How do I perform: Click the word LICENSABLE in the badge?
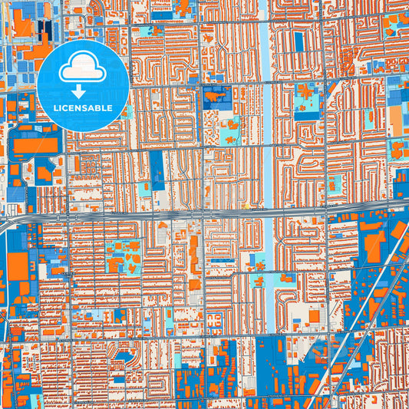click(x=83, y=108)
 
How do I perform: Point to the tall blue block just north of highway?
click(x=157, y=170)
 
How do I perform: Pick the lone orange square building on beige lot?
click(x=314, y=315)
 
